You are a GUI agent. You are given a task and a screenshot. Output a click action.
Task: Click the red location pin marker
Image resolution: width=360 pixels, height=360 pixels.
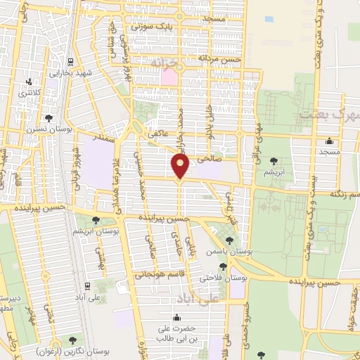pyautogui.click(x=181, y=167)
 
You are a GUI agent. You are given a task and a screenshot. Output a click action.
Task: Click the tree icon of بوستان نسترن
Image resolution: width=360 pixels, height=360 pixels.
pyautogui.click(x=47, y=118)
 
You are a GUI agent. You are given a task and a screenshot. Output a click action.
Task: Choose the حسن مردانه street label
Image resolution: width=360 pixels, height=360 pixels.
pyautogui.click(x=219, y=59)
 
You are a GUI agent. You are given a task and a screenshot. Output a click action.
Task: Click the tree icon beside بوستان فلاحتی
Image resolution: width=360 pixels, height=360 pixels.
pyautogui.click(x=222, y=266)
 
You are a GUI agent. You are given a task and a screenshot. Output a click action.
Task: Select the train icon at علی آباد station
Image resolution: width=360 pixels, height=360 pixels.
pyautogui.click(x=86, y=286)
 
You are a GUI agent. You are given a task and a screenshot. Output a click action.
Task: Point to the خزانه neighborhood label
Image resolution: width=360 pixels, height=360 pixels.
pyautogui.click(x=167, y=63)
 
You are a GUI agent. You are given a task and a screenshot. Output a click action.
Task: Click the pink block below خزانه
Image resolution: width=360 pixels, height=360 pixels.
pyautogui.click(x=168, y=77)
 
